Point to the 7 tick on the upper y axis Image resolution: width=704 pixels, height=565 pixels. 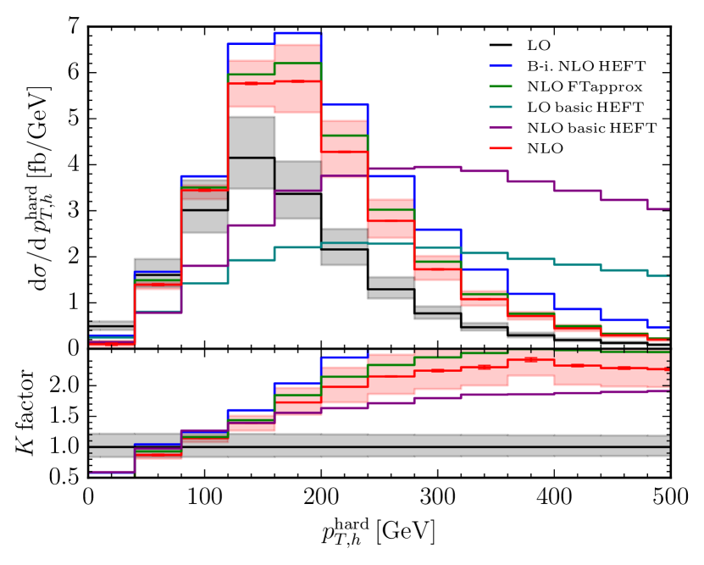[x=75, y=28]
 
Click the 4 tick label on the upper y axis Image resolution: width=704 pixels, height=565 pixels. [x=75, y=165]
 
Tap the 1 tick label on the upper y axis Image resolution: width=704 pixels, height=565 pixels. [x=75, y=302]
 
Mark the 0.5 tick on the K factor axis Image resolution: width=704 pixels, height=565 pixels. [x=68, y=477]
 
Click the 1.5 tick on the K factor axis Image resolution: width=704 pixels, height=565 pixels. [x=68, y=417]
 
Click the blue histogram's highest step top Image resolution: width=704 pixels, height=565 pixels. [x=297, y=33]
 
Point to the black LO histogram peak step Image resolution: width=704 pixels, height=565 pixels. [x=251, y=158]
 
